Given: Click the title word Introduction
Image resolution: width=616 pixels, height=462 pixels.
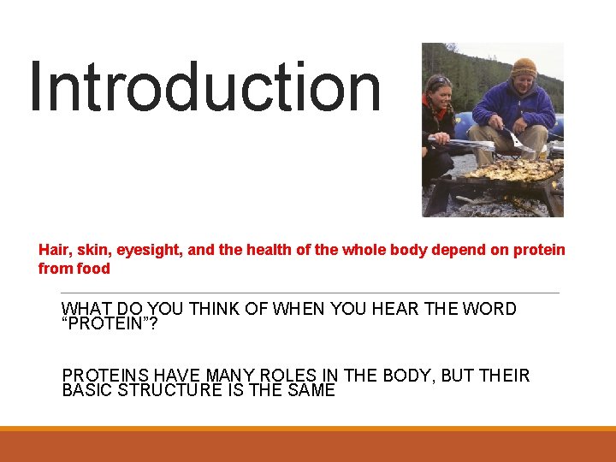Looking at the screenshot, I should pos(205,87).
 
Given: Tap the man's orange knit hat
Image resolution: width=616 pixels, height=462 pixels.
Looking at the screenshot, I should pos(524,66).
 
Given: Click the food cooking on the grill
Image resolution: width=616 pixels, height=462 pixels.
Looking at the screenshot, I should pos(513,169).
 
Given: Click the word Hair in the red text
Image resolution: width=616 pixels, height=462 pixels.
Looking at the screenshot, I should pos(54,250).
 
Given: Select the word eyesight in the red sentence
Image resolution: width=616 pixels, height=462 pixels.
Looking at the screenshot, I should pos(147,250).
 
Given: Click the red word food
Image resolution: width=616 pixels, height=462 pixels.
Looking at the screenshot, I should pos(93,269).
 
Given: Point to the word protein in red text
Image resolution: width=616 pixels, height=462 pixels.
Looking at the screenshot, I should pos(536,250).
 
